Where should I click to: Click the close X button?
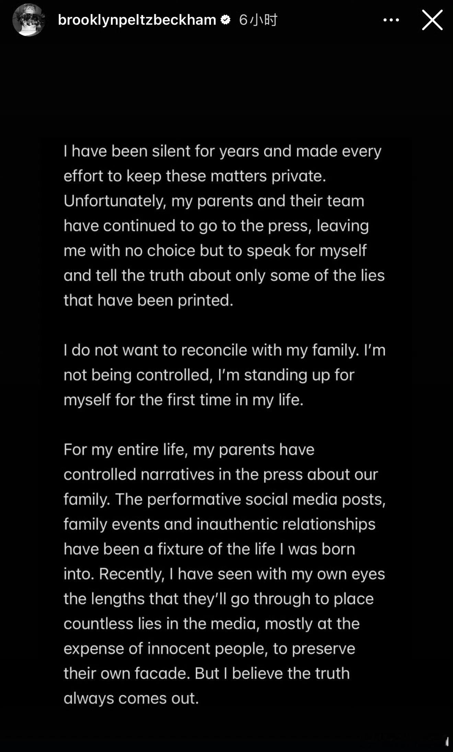coord(432,20)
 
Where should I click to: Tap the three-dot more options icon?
coord(391,20)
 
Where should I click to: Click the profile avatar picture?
coord(28,20)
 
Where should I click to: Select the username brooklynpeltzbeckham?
coord(137,20)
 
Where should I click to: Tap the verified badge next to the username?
coord(225,20)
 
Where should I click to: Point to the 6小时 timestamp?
coord(258,20)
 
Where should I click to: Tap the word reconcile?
coord(214,350)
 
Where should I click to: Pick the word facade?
coord(162,673)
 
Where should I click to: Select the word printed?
coord(205,300)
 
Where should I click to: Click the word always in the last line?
coord(89,698)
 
